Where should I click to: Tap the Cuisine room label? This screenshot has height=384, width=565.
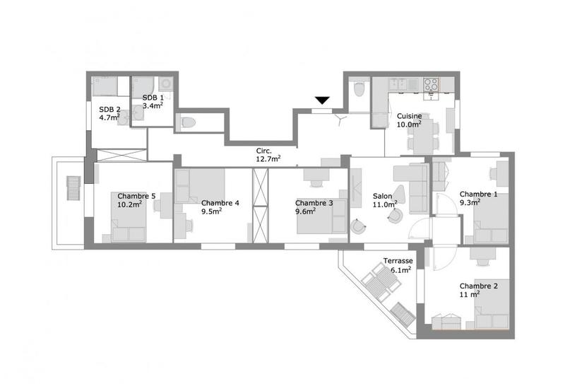409,116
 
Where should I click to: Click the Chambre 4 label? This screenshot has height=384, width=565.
220,203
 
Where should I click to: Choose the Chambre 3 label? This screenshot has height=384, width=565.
314,203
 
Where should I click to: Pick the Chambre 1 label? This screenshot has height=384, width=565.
479,194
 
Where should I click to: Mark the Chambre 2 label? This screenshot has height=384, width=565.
479,286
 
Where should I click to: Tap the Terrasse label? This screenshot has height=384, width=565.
398,261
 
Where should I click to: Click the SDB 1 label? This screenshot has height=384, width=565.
153,98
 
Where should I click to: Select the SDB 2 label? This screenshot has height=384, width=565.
109,109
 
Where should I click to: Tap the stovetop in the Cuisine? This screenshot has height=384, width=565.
431,85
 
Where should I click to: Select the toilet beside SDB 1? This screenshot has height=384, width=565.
188,122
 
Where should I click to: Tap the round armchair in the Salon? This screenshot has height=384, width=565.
359,226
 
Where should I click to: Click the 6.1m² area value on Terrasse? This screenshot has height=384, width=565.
398,269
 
